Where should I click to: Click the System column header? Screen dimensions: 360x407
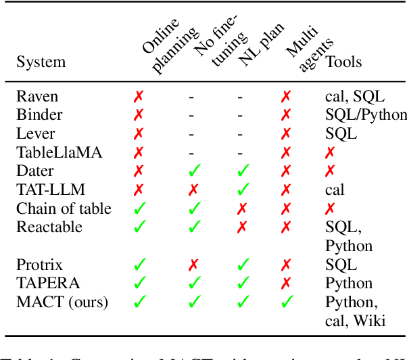pyautogui.click(x=41, y=62)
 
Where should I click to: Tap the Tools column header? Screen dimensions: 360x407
pyautogui.click(x=343, y=62)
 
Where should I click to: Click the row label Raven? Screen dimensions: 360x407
pyautogui.click(x=37, y=97)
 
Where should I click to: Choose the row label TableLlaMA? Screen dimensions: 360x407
pyautogui.click(x=59, y=153)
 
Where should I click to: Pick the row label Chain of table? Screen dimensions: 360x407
pyautogui.click(x=64, y=208)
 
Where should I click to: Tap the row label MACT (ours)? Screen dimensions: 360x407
pyautogui.click(x=62, y=302)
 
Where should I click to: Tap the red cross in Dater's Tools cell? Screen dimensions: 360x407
pyautogui.click(x=331, y=172)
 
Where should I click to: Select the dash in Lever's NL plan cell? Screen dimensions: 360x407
pyautogui.click(x=240, y=134)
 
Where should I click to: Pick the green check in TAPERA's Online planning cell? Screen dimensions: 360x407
pyautogui.click(x=139, y=283)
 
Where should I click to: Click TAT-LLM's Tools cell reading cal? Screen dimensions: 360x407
pyautogui.click(x=335, y=190)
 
